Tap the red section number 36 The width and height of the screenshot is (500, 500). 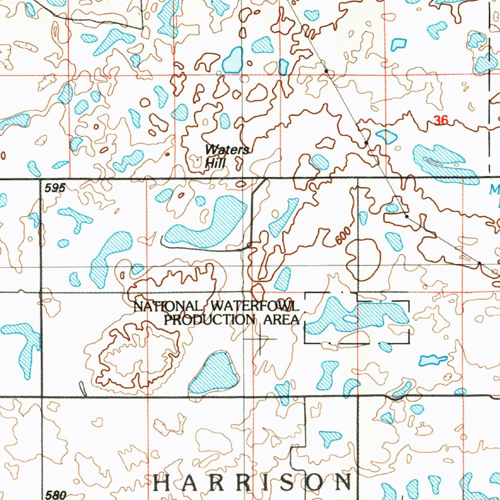coord(440,120)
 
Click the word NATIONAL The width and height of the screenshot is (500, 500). coord(167,307)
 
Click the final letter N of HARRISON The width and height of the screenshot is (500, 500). coord(344,482)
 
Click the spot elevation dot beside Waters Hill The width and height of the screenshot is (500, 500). coord(197,159)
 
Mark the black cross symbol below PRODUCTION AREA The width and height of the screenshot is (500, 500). coord(260,338)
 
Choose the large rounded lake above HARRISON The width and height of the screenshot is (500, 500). coord(215,374)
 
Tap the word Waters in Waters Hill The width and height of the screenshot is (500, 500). coord(227,150)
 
